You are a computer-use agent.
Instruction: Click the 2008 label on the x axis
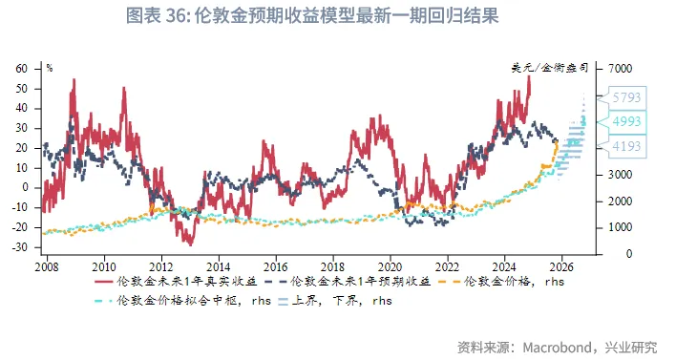point(47,267)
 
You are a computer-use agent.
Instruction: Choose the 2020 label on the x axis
point(390,267)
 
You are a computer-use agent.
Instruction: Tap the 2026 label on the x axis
point(561,267)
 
